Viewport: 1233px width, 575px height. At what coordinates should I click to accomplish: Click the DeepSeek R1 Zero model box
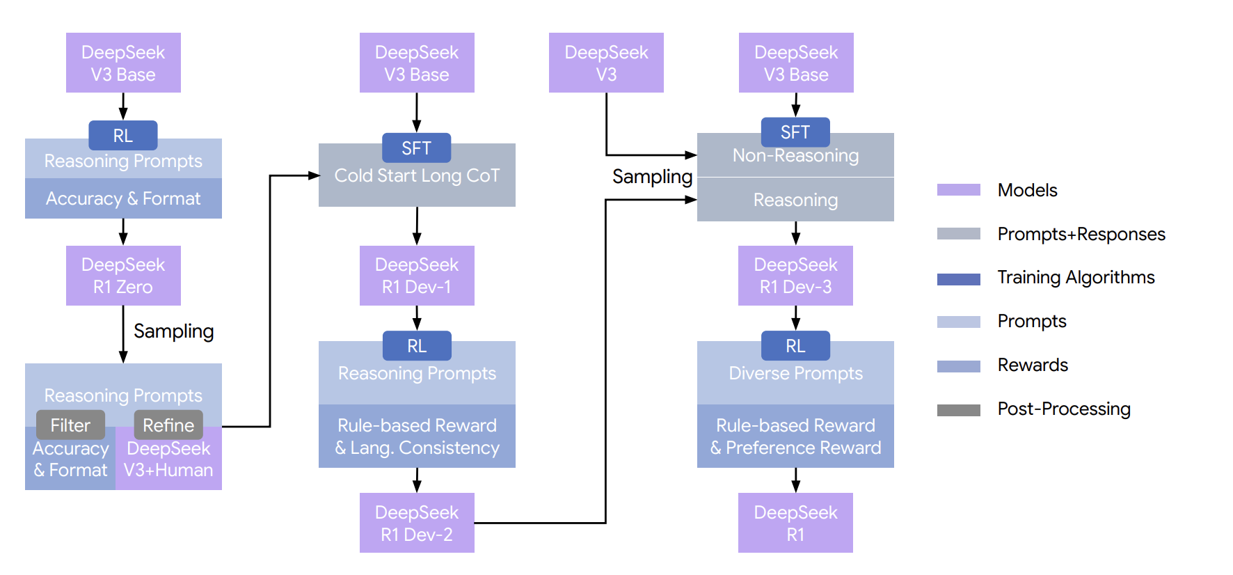pyautogui.click(x=123, y=276)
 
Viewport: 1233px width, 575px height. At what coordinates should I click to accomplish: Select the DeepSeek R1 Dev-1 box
pyautogui.click(x=417, y=276)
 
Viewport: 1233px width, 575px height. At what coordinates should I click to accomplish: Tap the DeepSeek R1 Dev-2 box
pyautogui.click(x=417, y=523)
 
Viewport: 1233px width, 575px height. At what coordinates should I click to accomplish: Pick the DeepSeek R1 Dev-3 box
pyautogui.click(x=795, y=276)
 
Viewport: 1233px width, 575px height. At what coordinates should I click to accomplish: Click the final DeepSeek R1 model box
pyautogui.click(x=795, y=523)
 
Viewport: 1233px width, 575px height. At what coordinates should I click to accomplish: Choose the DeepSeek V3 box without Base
pyautogui.click(x=606, y=63)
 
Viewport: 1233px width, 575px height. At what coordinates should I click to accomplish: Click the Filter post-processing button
pyautogui.click(x=70, y=425)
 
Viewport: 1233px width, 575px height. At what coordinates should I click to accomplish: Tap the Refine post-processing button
pyautogui.click(x=168, y=425)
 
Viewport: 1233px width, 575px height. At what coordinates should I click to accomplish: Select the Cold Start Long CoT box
pyautogui.click(x=417, y=175)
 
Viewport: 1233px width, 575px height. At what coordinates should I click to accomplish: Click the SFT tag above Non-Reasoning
pyautogui.click(x=795, y=132)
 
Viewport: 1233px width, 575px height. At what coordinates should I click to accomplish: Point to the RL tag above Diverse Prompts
pyautogui.click(x=795, y=346)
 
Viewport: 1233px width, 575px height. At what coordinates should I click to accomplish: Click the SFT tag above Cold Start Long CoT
pyautogui.click(x=417, y=148)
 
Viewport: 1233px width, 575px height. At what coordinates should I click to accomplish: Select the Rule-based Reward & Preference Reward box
pyautogui.click(x=795, y=436)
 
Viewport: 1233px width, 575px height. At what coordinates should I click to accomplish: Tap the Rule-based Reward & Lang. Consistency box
pyautogui.click(x=417, y=436)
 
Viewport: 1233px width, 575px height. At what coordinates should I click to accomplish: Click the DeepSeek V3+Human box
pyautogui.click(x=168, y=459)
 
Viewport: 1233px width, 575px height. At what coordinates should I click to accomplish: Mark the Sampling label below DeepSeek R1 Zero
pyautogui.click(x=173, y=331)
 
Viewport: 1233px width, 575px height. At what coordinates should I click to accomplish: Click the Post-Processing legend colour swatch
pyautogui.click(x=959, y=410)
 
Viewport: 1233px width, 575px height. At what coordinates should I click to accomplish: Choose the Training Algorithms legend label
pyautogui.click(x=1076, y=277)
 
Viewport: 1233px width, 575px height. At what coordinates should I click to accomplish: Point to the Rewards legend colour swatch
pyautogui.click(x=959, y=366)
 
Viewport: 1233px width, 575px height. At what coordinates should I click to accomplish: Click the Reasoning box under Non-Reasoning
pyautogui.click(x=795, y=200)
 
